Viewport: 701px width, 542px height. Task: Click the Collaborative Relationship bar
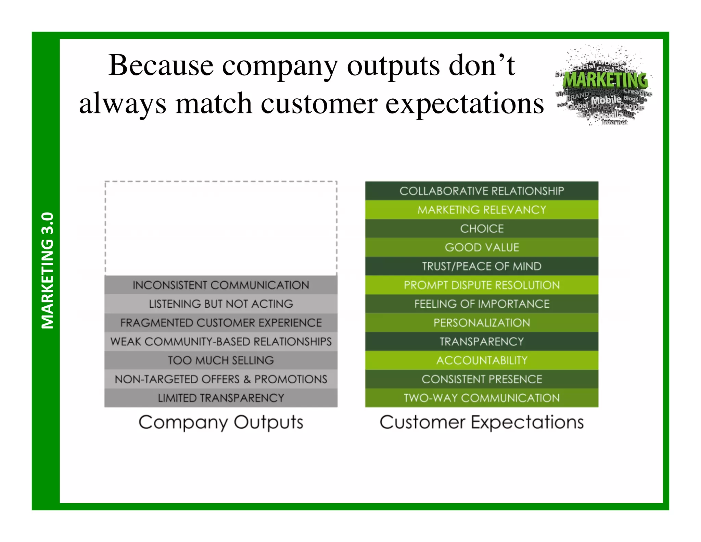point(482,191)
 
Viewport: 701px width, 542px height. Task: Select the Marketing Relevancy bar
point(482,210)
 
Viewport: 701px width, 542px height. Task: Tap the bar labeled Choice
point(482,229)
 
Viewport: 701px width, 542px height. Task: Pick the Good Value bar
point(482,247)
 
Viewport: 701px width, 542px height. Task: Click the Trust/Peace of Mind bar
point(482,266)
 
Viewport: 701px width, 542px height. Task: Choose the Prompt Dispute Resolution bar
point(482,285)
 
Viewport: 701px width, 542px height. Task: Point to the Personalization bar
point(482,323)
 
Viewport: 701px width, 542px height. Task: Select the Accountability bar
point(482,360)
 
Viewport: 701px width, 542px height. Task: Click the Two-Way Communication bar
point(482,398)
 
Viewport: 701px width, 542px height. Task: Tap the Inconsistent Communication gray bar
point(221,285)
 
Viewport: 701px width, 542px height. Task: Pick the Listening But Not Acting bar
point(221,304)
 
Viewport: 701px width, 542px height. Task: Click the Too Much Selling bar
point(221,360)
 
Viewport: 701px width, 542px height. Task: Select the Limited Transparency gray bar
point(221,398)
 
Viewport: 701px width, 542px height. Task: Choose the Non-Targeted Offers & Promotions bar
point(221,379)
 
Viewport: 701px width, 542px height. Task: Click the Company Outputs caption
point(221,422)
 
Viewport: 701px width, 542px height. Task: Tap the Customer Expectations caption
point(482,422)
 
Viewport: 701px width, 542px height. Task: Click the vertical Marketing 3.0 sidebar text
point(47,271)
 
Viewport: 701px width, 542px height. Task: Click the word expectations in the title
point(464,104)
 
